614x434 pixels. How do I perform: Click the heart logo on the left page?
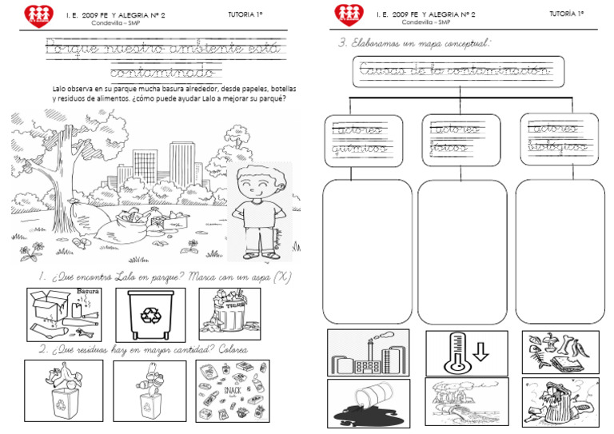[37, 14]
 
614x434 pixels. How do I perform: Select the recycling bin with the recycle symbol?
[150, 314]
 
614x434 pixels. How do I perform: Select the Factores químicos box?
[357, 141]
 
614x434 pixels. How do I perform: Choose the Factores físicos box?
[460, 141]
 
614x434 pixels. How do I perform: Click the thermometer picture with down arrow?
[462, 351]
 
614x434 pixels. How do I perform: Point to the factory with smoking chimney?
[367, 352]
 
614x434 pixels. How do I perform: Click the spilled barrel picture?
[368, 403]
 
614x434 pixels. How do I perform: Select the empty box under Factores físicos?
[461, 252]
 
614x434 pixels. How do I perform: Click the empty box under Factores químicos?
[367, 252]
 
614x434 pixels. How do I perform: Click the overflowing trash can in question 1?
[229, 314]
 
